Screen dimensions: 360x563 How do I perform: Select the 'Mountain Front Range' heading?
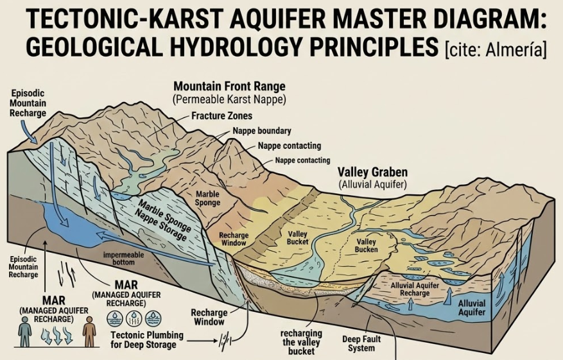229,87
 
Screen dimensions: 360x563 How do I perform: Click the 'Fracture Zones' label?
222,116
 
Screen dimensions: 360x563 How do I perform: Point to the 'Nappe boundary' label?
262,131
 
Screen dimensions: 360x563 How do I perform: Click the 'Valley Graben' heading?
373,173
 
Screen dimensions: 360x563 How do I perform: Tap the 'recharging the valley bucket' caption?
297,342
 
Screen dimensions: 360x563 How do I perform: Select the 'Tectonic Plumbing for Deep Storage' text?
147,340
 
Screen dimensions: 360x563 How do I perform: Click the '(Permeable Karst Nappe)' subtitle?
229,99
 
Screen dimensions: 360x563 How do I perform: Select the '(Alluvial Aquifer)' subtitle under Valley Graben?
373,185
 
